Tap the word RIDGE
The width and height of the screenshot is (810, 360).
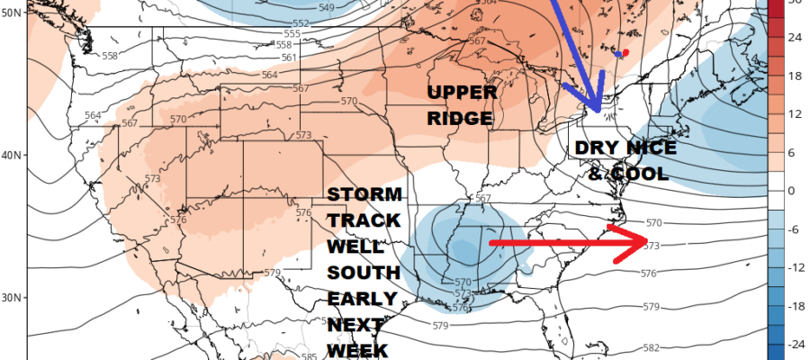tap(462, 118)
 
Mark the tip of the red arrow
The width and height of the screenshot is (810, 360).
tap(646, 241)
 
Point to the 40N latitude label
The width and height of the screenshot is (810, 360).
tap(12, 154)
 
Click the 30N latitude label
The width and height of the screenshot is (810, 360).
tap(12, 297)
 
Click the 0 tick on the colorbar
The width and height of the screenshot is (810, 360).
tap(790, 191)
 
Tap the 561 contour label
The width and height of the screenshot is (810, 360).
tap(290, 58)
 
